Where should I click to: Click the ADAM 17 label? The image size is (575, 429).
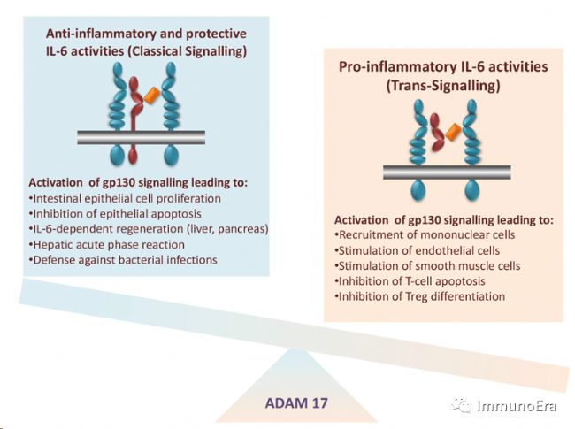pos(296,403)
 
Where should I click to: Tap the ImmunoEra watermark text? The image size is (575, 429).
pos(517,406)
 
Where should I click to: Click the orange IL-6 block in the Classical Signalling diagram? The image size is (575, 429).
pos(152,96)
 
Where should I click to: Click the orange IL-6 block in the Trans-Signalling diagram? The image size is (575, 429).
pos(453,132)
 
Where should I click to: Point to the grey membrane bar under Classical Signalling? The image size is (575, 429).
pos(142,137)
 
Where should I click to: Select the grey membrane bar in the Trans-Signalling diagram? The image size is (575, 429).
pos(447,172)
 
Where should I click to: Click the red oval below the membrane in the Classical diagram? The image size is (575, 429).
pos(133,156)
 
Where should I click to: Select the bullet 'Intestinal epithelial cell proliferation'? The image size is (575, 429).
pos(125,198)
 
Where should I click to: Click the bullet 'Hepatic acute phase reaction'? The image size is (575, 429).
pos(107,244)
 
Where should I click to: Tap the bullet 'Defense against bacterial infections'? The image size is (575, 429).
pos(123,260)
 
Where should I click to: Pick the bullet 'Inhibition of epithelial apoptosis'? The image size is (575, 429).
pos(115,214)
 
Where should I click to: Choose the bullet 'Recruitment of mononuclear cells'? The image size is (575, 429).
pos(425,234)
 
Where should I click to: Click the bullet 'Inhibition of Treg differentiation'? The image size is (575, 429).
pos(420,296)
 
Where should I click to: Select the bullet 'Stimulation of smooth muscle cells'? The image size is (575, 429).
pos(427,266)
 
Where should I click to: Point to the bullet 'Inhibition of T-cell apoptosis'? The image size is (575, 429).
pos(410,281)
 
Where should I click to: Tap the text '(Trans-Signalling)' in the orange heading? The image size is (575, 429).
pos(443,86)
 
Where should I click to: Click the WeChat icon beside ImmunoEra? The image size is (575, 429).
pos(462,405)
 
